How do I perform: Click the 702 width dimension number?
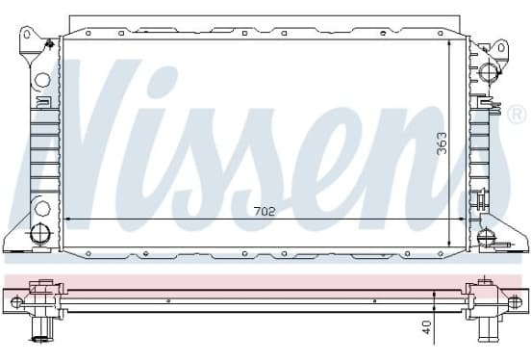265,212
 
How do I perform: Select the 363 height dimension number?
442,143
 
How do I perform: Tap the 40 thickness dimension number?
427,327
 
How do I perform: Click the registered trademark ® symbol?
517,114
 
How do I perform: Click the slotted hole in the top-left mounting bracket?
27,35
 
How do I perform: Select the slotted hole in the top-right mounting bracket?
501,48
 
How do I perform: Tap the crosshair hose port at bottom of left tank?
40,233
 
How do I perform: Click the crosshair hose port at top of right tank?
489,71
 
